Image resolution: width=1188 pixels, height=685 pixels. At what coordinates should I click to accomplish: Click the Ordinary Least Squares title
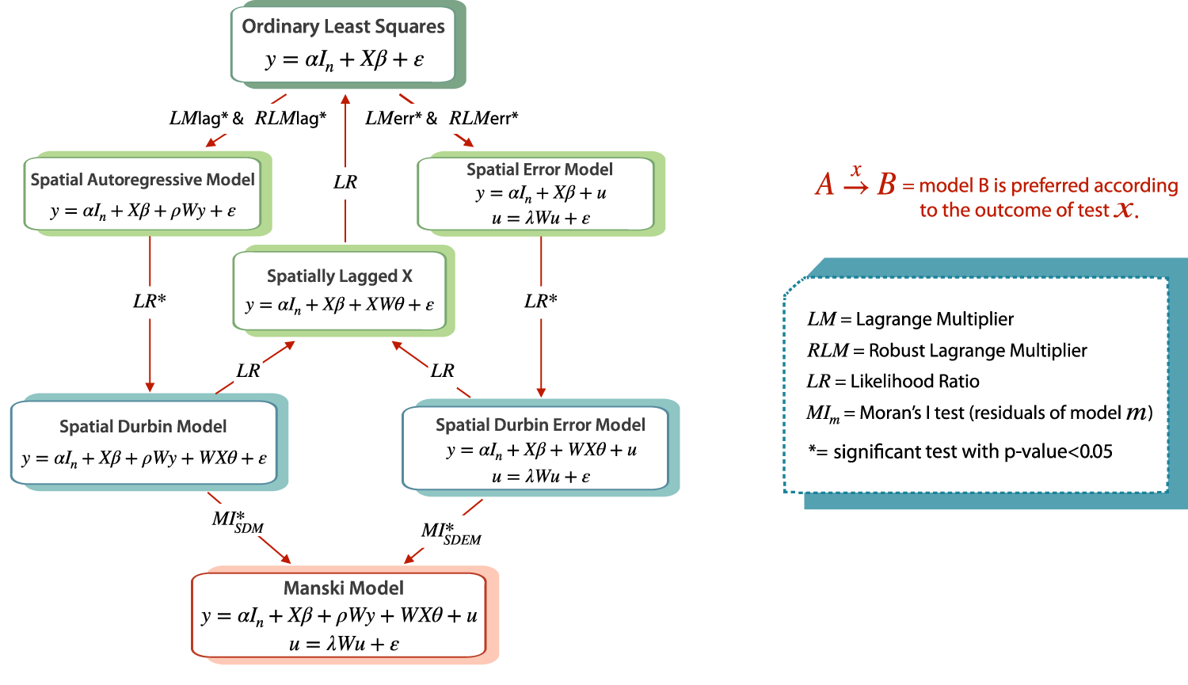click(x=343, y=26)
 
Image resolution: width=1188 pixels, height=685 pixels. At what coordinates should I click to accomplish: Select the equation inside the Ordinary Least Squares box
click(x=345, y=60)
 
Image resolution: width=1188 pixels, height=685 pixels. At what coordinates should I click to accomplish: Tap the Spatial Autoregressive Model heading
click(x=143, y=180)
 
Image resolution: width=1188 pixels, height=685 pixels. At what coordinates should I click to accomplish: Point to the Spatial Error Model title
click(x=539, y=169)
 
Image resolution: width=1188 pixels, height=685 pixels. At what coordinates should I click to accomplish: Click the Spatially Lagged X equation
click(x=340, y=305)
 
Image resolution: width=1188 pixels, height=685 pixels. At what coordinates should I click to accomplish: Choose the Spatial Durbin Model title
click(x=143, y=426)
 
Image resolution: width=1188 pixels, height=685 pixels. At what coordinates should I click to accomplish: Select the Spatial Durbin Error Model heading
click(x=540, y=424)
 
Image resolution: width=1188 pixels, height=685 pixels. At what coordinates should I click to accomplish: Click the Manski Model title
click(x=344, y=588)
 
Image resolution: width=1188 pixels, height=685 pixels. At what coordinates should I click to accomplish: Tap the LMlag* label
click(x=199, y=119)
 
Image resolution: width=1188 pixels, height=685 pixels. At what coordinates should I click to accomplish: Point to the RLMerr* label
click(x=483, y=119)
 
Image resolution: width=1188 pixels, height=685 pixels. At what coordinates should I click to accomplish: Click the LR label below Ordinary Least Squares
click(x=345, y=182)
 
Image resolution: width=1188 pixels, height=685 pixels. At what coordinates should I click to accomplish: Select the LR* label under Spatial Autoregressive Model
click(x=149, y=301)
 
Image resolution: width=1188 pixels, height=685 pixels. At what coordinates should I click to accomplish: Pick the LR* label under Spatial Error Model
click(x=541, y=301)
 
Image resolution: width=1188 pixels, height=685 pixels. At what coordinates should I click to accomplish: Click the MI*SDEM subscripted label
click(x=450, y=533)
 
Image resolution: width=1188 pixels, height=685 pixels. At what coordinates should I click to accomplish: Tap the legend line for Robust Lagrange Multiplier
click(x=946, y=350)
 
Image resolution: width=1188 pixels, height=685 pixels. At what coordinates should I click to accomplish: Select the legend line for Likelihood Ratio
click(x=893, y=381)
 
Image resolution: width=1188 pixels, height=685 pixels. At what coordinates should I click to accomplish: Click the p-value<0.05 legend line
click(x=960, y=451)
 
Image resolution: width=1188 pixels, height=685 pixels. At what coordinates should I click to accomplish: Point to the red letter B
click(x=886, y=185)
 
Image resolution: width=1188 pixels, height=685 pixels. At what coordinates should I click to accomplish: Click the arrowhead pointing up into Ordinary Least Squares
click(x=345, y=98)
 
